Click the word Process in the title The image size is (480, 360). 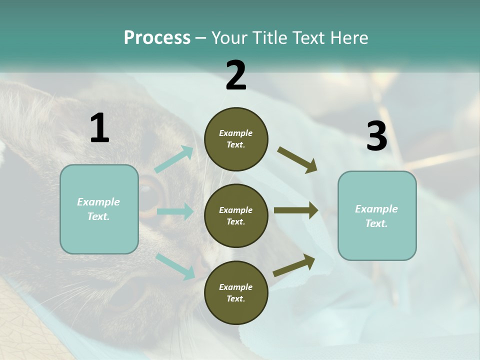(x=157, y=38)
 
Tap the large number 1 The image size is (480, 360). (x=99, y=128)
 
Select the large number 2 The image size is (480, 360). (x=236, y=75)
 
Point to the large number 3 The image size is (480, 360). (x=376, y=136)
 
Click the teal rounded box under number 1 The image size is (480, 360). (x=99, y=209)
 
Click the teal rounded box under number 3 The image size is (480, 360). (x=377, y=216)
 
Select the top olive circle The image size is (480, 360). (x=236, y=139)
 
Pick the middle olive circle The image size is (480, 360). (x=236, y=215)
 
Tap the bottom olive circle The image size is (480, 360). (x=236, y=292)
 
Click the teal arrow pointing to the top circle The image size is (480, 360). (x=174, y=159)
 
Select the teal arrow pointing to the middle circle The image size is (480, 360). (x=175, y=211)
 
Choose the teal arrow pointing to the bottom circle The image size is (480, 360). (x=175, y=266)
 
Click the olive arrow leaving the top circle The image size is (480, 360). (x=297, y=160)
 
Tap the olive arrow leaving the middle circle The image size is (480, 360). (x=296, y=210)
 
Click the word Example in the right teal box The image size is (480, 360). (x=376, y=209)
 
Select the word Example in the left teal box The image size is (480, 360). (x=98, y=202)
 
